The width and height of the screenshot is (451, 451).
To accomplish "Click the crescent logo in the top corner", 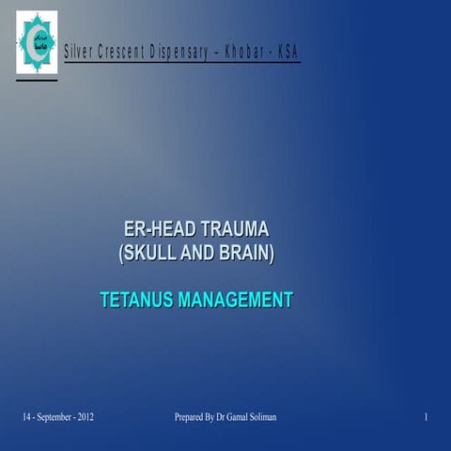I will pyautogui.click(x=36, y=43).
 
